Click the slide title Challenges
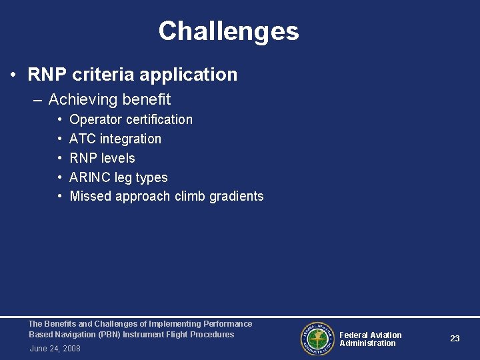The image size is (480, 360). point(229,31)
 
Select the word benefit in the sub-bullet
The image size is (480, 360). point(149,100)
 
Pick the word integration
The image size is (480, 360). point(131,139)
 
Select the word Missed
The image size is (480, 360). point(91,197)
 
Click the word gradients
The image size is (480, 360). point(237,197)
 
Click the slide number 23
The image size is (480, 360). point(455,339)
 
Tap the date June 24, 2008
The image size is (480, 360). point(55,349)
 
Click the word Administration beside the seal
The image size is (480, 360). point(367,343)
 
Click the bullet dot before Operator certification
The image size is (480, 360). point(60,120)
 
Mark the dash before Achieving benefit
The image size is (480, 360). point(37,100)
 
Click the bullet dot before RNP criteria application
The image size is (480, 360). point(14,75)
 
